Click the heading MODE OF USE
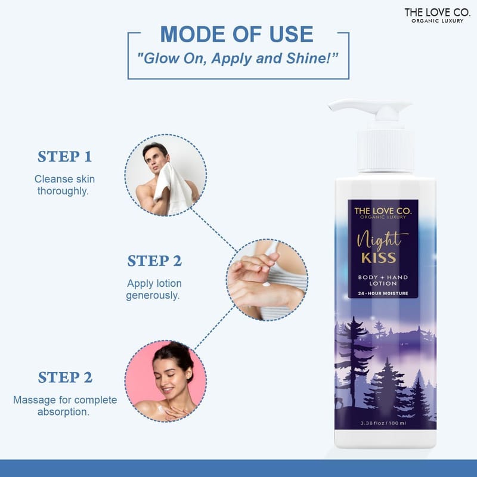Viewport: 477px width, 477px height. tap(237, 34)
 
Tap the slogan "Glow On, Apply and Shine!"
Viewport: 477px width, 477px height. tap(237, 58)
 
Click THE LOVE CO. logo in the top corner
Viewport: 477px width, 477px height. tap(438, 16)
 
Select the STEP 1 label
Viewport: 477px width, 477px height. tap(64, 157)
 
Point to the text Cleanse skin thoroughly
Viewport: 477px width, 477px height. tap(64, 185)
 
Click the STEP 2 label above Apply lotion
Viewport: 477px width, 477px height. tap(154, 261)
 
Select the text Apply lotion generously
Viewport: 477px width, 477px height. tap(154, 289)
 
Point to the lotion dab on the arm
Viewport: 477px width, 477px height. tap(267, 284)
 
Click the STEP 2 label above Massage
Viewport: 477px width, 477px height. tap(65, 377)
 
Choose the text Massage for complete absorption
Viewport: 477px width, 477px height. tap(65, 406)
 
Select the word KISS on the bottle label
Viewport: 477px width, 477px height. tap(379, 258)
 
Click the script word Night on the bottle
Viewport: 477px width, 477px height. tap(382, 241)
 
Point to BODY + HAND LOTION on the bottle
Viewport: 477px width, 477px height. tap(383, 280)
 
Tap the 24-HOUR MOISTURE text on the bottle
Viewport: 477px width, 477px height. tap(383, 293)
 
